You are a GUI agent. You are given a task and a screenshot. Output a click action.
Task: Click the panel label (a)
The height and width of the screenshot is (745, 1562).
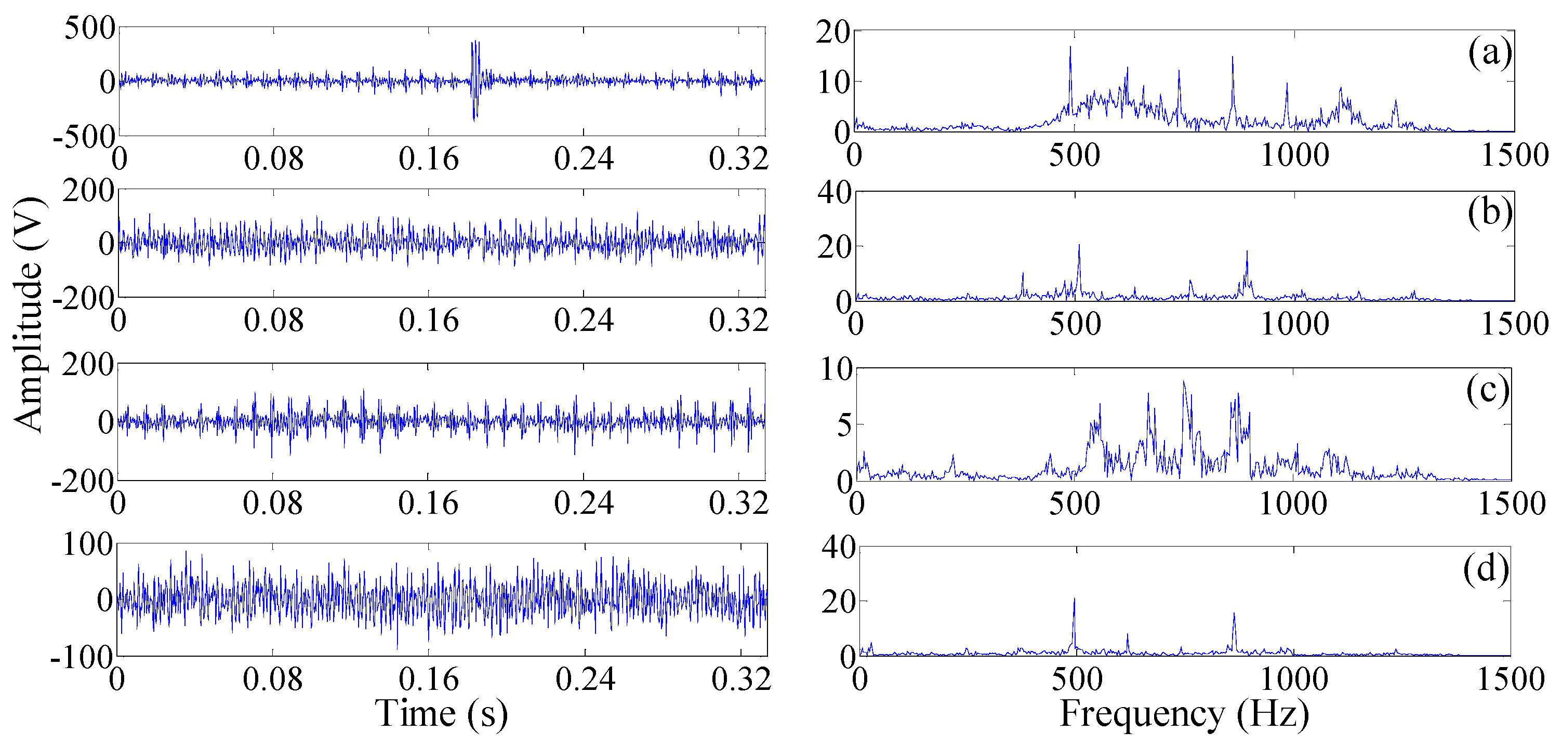coord(1489,53)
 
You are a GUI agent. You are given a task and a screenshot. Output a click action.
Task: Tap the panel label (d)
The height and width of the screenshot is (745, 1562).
coord(1486,569)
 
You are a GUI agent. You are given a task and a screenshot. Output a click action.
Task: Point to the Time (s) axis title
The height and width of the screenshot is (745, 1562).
coord(442,713)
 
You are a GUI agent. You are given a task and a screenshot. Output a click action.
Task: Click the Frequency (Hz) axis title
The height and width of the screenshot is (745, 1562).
coord(1184,713)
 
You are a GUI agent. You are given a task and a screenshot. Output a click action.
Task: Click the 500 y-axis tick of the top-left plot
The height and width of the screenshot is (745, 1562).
coord(90,29)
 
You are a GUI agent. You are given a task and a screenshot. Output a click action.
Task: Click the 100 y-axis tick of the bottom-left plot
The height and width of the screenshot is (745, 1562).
coord(88,544)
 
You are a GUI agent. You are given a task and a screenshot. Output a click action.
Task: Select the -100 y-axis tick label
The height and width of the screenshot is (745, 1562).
coord(82,657)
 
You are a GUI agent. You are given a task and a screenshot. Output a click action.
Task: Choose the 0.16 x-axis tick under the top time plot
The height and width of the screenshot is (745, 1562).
coord(429,159)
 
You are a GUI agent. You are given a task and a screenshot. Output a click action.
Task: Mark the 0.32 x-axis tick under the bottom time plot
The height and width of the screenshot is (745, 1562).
coord(741,679)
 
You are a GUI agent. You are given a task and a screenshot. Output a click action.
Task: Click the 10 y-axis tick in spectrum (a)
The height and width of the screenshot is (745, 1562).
coord(834,83)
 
